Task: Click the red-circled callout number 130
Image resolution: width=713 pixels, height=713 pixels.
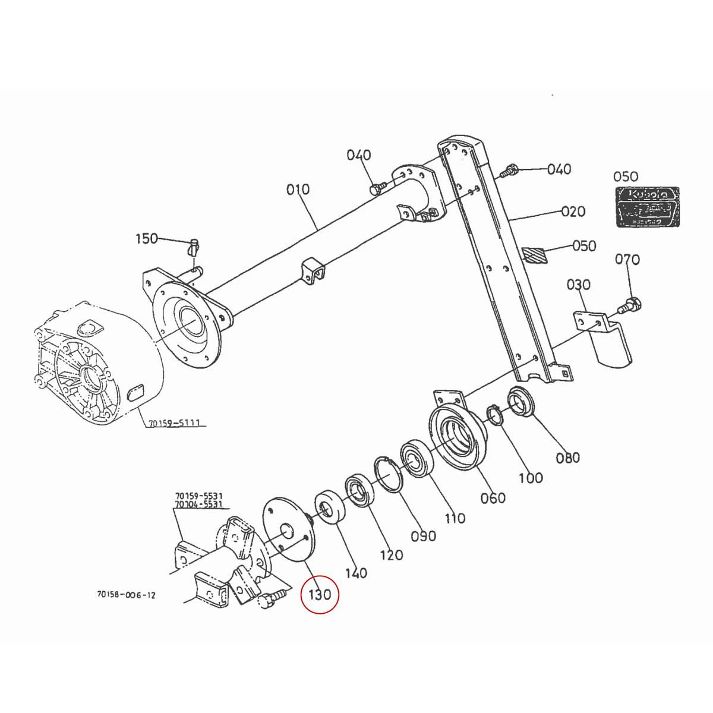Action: point(319,594)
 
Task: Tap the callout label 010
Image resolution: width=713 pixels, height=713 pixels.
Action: point(298,190)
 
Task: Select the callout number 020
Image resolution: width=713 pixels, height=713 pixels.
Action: point(573,212)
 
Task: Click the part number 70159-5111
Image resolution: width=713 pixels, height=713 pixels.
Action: point(173,423)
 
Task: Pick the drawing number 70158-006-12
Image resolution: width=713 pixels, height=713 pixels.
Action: point(126,594)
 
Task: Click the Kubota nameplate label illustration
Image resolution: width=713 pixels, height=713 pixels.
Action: point(646,206)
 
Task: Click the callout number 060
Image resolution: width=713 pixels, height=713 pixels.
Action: point(493,498)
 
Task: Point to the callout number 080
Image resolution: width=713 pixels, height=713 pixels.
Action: point(567,458)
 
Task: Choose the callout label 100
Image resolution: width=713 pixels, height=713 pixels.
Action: point(530,478)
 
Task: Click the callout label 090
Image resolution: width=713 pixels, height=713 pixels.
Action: point(424,536)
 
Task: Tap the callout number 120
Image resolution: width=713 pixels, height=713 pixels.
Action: point(390,555)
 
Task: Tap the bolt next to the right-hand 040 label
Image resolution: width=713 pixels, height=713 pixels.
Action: point(506,171)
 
